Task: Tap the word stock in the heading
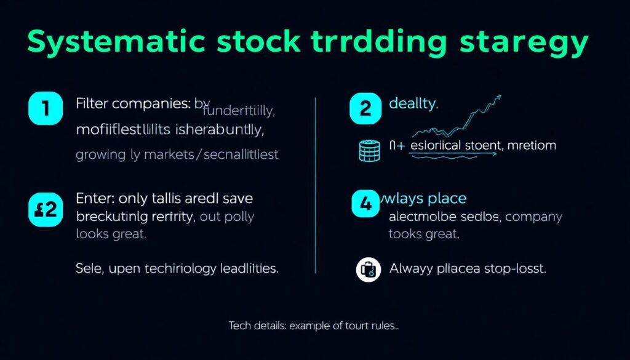256,43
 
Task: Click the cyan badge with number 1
46,109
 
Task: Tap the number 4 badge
366,204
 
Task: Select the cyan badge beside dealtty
365,109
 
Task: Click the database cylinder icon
366,150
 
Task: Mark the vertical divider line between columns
315,185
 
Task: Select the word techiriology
190,269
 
